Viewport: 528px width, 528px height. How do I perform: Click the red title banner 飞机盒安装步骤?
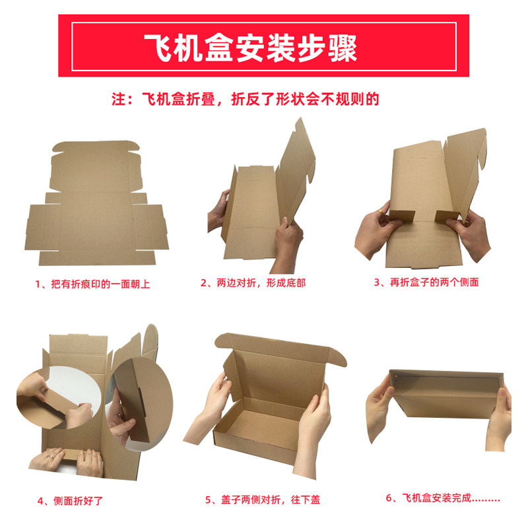264,46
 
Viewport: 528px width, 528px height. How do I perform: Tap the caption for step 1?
93,284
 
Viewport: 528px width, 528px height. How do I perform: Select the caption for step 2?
253,283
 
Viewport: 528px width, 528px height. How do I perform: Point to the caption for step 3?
426,282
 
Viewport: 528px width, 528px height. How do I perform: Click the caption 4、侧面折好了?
71,500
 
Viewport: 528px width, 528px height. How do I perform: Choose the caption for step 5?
262,500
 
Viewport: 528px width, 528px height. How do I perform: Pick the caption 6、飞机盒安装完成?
443,499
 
